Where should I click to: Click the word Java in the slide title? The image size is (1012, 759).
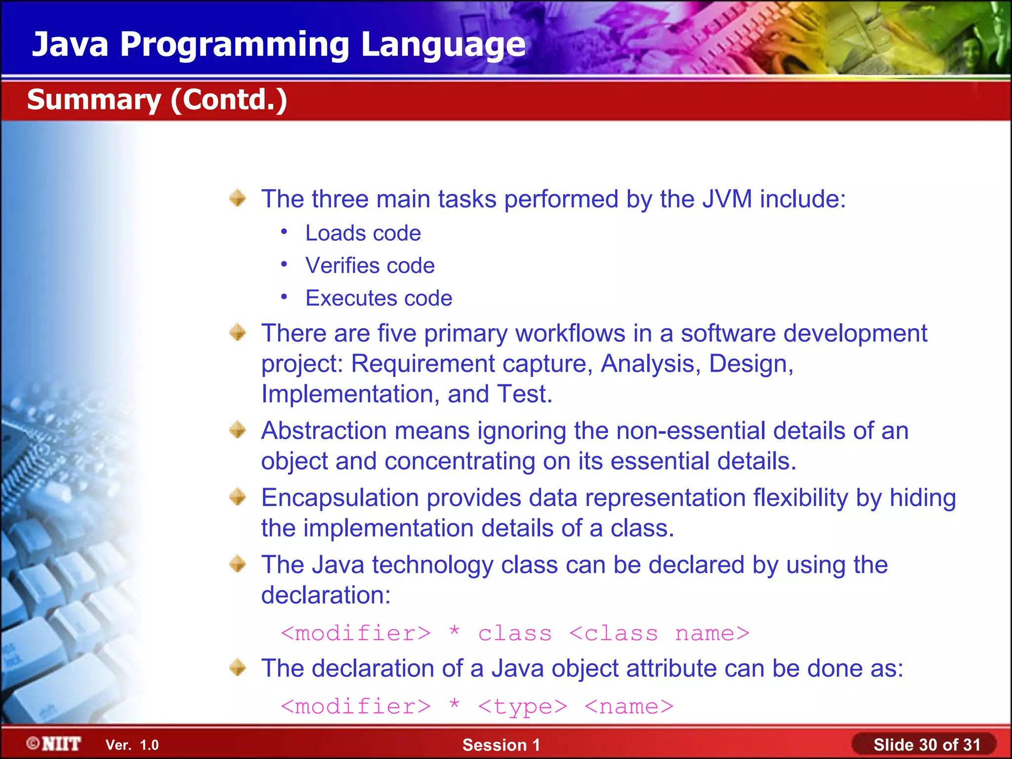point(70,44)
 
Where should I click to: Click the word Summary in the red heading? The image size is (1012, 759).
point(94,100)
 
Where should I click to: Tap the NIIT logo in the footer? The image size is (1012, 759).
point(54,744)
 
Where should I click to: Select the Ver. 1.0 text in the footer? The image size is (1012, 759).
point(132,745)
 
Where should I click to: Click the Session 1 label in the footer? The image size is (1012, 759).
point(501,745)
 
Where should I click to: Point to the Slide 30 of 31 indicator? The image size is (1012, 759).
point(927,745)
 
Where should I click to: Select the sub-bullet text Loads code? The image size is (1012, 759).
point(363,233)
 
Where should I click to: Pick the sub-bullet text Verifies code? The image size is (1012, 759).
point(370,266)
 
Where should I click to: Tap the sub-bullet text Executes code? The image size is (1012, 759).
point(379,298)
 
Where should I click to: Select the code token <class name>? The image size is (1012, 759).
point(659,633)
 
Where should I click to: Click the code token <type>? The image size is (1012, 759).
point(522,707)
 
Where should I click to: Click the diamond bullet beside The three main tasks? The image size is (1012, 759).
point(238,198)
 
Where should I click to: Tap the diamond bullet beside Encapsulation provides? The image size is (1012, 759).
point(238,497)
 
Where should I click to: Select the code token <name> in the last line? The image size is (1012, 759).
point(629,707)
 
